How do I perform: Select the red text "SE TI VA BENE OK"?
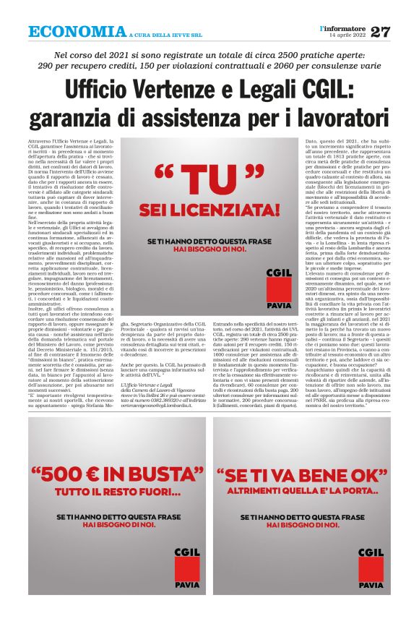pos(301,478)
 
